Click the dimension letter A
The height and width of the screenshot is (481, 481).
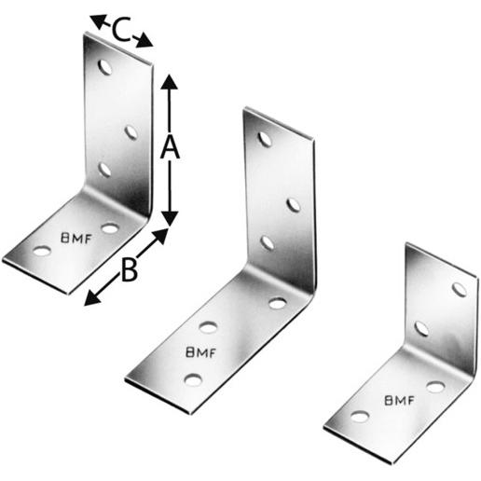click(x=169, y=147)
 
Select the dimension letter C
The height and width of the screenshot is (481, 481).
click(x=120, y=31)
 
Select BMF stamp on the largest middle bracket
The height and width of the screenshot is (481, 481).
click(x=202, y=352)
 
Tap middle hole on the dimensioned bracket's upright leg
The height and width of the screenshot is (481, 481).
click(x=131, y=131)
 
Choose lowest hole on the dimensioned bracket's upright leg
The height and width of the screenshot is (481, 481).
click(x=103, y=169)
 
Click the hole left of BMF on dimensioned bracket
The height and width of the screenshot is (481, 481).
click(x=42, y=251)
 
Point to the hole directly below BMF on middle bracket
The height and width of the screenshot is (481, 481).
click(x=193, y=378)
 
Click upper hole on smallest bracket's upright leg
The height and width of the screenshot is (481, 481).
click(x=459, y=288)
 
